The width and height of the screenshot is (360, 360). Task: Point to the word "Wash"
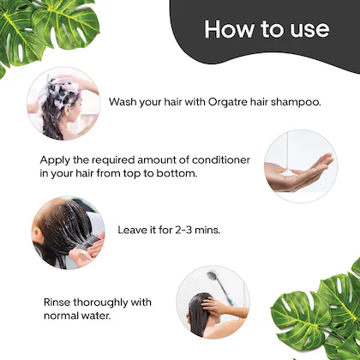(123, 102)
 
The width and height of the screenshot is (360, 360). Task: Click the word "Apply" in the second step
(55, 160)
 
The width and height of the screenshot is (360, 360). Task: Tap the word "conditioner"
(221, 159)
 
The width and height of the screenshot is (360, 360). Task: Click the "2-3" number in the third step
(183, 230)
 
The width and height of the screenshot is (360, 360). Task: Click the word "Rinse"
(57, 302)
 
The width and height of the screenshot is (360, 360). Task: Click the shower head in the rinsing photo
(213, 275)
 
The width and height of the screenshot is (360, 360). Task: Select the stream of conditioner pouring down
(288, 151)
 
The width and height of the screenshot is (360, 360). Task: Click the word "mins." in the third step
(207, 230)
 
